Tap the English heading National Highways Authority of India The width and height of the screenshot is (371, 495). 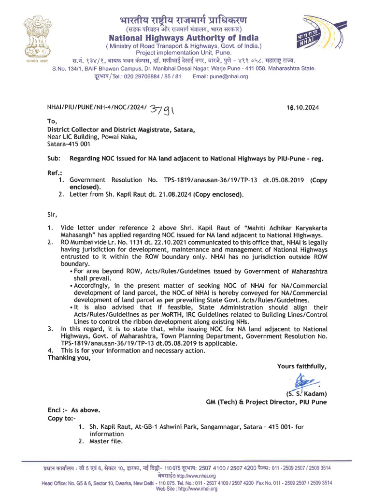pos(184,38)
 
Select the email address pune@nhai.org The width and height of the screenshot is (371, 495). pos(220,76)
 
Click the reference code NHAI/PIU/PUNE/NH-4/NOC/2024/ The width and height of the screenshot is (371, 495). pos(97,108)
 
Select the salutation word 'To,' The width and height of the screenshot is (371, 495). pos(52,121)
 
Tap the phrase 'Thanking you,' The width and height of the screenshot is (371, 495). pos(69,358)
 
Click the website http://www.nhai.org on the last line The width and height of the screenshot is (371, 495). pos(198,489)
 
